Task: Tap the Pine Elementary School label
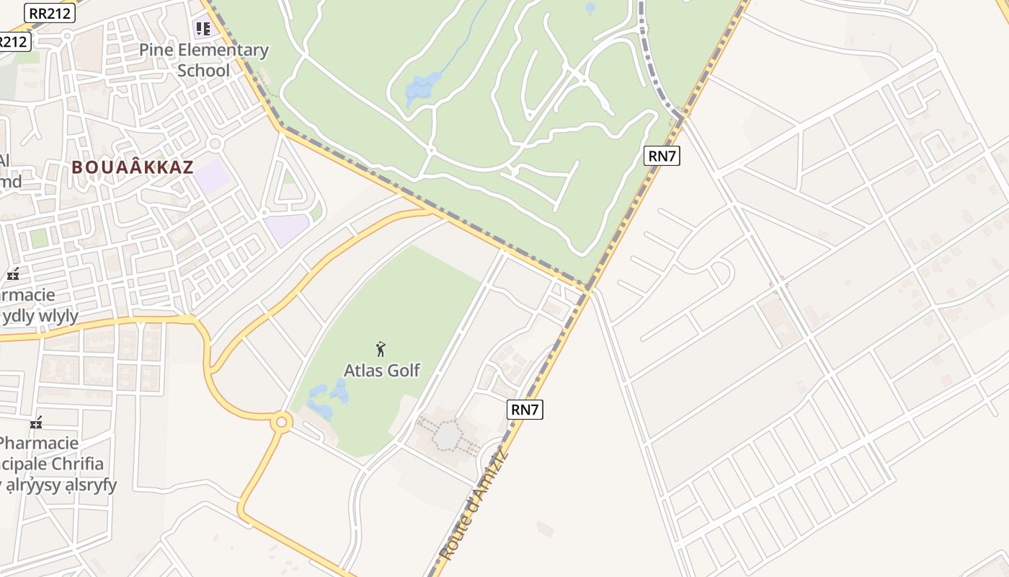click(203, 60)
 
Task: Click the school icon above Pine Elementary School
click(203, 29)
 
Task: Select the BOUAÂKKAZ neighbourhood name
click(133, 167)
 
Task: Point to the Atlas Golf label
click(381, 370)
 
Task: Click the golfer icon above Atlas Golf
click(381, 350)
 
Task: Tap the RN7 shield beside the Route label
click(525, 410)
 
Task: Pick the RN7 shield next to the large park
click(662, 155)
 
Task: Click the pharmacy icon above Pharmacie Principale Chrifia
click(36, 423)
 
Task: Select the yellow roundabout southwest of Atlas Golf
click(280, 422)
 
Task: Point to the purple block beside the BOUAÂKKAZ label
click(212, 177)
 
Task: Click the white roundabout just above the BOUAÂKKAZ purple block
click(214, 144)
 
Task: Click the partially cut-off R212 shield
click(13, 42)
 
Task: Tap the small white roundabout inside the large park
click(431, 151)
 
